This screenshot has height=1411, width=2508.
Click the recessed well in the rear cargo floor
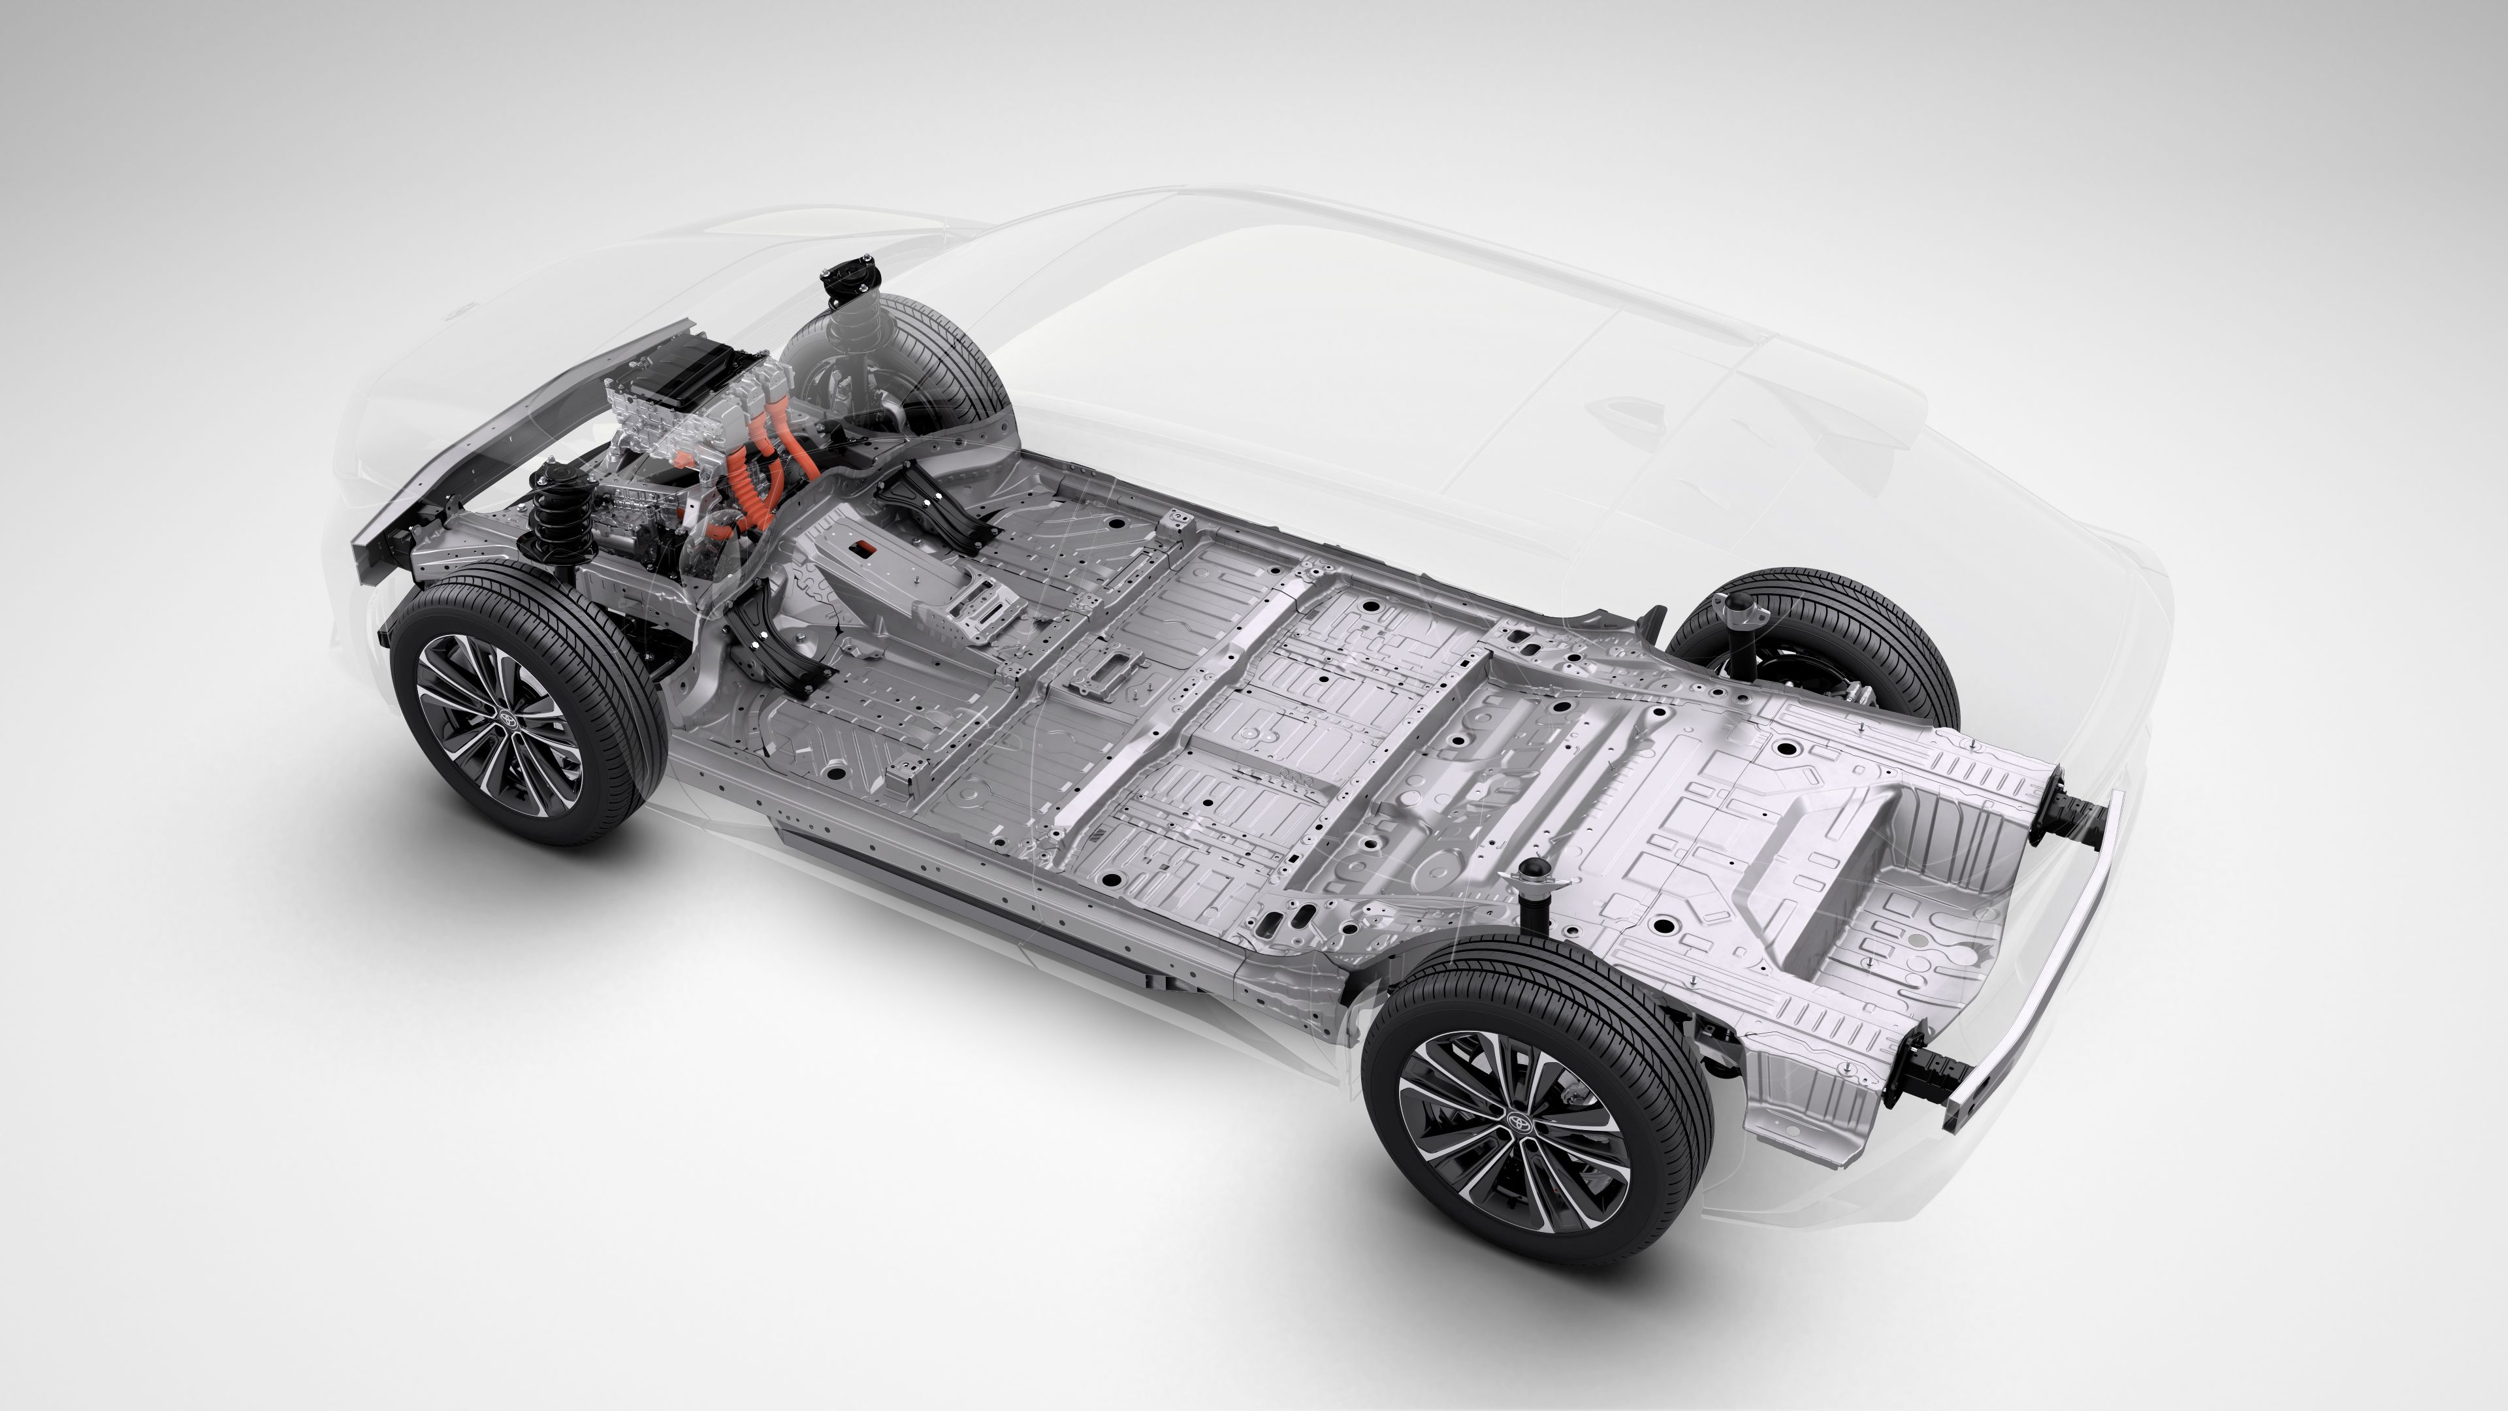click(x=1830, y=877)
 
